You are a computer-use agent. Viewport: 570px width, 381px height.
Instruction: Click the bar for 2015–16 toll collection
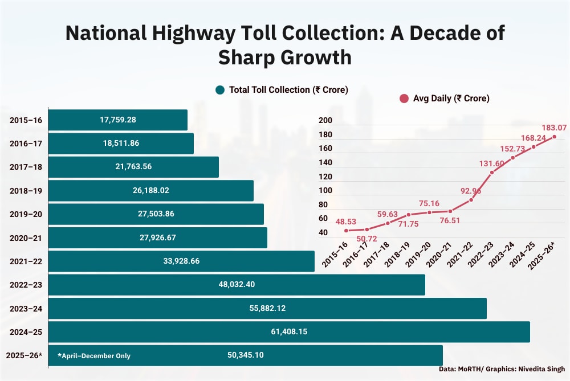(117, 120)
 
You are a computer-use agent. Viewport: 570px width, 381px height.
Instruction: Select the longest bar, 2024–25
(289, 332)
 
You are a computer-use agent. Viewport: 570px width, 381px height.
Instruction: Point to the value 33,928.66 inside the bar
(181, 261)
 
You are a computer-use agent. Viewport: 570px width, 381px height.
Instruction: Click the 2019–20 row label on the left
(26, 214)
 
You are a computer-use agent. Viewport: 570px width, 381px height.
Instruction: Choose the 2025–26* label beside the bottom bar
(24, 355)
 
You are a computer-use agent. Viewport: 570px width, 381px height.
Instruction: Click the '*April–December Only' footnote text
(94, 356)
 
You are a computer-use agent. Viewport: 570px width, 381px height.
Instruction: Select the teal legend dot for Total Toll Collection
(220, 90)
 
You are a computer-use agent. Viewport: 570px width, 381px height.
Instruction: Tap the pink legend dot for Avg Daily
(404, 99)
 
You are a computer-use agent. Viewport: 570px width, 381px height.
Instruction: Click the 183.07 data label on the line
(554, 128)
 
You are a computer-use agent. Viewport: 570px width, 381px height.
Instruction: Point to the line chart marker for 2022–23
(492, 173)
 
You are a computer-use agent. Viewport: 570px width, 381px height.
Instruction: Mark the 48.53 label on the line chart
(345, 222)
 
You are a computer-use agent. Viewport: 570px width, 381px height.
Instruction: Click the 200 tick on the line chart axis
(325, 121)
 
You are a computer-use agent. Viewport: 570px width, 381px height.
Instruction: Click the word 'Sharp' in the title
(251, 58)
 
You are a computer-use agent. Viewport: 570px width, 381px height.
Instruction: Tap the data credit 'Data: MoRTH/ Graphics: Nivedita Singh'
(502, 369)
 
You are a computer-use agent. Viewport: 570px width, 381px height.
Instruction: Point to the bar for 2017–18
(133, 167)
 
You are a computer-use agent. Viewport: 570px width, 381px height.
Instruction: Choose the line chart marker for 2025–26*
(554, 137)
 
